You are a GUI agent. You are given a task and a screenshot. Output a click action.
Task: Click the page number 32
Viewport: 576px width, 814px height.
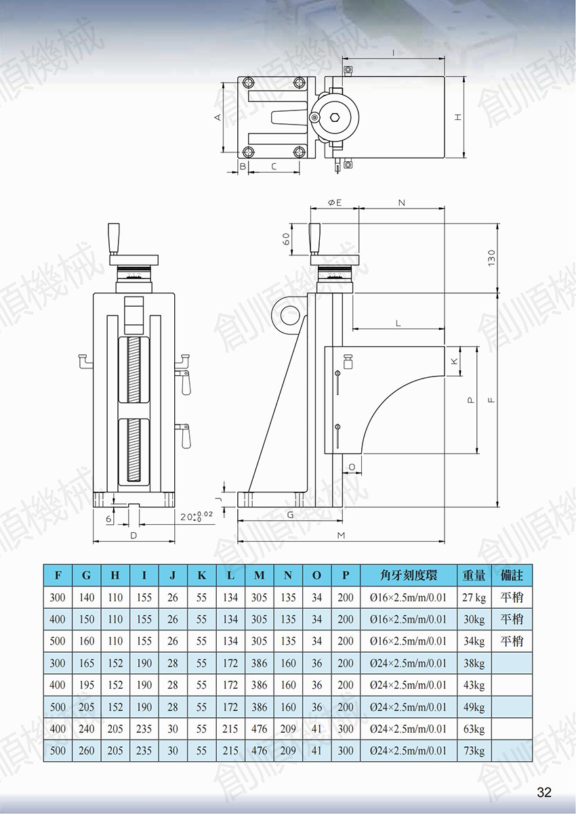(544, 792)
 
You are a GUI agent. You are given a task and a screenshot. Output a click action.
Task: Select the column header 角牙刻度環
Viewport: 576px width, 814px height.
(409, 575)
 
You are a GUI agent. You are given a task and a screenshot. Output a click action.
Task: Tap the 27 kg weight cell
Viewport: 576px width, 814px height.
(474, 597)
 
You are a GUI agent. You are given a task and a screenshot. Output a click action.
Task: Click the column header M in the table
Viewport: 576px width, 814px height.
(260, 575)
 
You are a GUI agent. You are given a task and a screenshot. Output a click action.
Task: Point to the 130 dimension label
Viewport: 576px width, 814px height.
(491, 257)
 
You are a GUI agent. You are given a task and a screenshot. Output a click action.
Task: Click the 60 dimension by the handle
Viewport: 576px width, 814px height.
(287, 239)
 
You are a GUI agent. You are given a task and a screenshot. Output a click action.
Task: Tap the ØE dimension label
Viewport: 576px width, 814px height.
(335, 202)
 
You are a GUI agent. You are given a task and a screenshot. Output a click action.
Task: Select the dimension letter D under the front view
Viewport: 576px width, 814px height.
(133, 535)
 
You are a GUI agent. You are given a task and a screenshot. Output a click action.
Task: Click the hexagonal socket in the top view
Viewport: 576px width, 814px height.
(335, 117)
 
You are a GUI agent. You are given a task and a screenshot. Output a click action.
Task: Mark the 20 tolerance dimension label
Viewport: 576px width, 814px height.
(197, 516)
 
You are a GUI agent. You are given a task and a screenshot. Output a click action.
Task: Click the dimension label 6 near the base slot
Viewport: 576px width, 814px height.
(108, 519)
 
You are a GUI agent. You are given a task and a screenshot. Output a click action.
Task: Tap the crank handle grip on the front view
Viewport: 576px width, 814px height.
(114, 238)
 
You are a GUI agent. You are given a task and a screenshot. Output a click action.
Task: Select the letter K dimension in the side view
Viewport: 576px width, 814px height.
(454, 361)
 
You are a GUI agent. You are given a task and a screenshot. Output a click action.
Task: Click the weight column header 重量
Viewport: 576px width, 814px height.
(474, 575)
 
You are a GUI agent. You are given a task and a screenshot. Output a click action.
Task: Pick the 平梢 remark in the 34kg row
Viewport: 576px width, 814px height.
(511, 641)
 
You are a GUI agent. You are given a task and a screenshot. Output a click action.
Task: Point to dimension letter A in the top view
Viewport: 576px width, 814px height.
(218, 117)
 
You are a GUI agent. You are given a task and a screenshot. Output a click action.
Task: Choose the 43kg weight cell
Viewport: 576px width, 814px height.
(474, 685)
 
